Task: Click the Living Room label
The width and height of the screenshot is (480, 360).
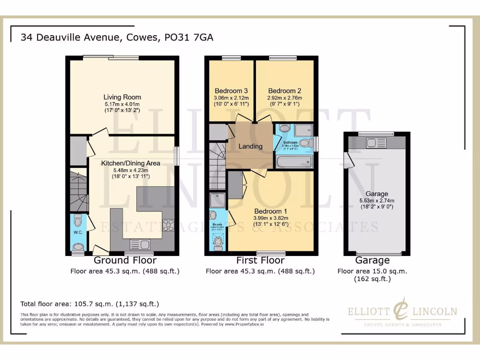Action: coord(122,97)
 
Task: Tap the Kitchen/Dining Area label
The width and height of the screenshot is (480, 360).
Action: coord(131,163)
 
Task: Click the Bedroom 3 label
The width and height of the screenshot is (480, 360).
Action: coord(231,90)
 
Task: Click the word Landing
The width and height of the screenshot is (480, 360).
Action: coord(250,146)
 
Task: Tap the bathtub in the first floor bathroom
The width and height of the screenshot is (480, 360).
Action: coord(293,162)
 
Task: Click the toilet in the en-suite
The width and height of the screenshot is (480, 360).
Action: coord(218,242)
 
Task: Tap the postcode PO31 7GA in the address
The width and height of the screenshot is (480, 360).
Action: coord(189,37)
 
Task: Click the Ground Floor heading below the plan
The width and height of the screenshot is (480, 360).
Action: coord(125,260)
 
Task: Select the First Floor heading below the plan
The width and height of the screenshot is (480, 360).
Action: coord(260,260)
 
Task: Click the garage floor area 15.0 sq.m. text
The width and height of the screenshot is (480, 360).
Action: coord(372,271)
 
